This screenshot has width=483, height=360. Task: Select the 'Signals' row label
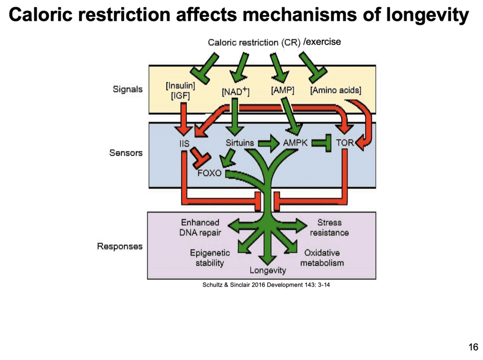(128, 89)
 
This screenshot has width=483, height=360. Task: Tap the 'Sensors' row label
(127, 153)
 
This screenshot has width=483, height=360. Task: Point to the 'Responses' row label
(120, 246)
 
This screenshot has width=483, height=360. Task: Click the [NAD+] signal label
(235, 91)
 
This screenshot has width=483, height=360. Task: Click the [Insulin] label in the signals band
(180, 86)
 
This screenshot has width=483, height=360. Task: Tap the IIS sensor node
(184, 143)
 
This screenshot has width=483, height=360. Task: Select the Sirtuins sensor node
(240, 143)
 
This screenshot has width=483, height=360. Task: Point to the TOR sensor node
(345, 143)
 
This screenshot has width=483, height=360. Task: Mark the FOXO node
(209, 173)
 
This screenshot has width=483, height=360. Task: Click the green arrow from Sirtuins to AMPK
(269, 143)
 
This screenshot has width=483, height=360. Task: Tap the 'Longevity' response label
(268, 271)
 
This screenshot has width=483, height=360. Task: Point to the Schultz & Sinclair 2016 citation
(269, 286)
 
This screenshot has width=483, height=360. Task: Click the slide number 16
(473, 347)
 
